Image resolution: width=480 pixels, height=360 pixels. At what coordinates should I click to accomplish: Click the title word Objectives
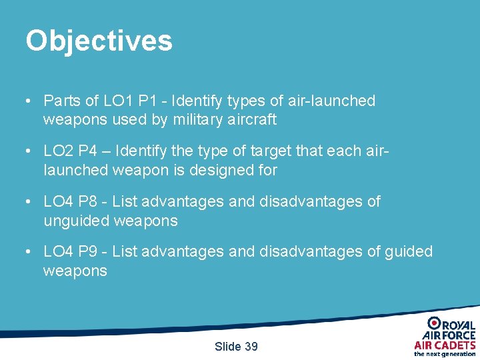[99, 41]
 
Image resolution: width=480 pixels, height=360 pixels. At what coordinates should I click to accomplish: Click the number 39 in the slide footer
[251, 347]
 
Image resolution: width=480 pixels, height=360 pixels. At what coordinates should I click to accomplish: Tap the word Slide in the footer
[227, 347]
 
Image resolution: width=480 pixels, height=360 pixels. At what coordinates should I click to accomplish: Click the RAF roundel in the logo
[434, 323]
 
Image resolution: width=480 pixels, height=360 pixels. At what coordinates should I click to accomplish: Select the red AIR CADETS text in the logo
[445, 345]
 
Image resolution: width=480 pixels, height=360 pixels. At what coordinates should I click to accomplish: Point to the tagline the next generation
[445, 354]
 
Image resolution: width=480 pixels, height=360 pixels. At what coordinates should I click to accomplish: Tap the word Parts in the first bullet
[61, 101]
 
